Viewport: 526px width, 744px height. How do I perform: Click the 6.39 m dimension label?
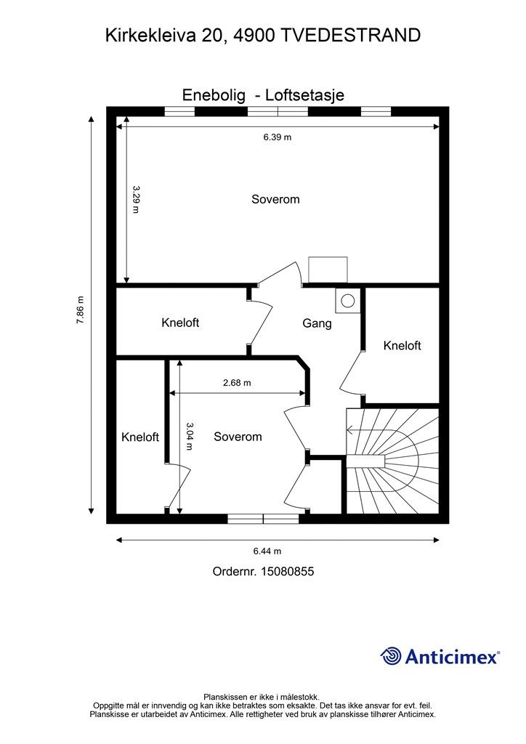278,137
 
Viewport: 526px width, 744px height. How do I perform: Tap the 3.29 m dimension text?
136,199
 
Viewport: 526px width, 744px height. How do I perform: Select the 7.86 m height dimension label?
80,310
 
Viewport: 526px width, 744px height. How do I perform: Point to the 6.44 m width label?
267,551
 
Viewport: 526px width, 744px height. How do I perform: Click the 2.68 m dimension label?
237,382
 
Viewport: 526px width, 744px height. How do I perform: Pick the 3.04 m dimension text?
189,436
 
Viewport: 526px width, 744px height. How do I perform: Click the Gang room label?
317,323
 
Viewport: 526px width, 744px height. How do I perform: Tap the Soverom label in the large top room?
275,199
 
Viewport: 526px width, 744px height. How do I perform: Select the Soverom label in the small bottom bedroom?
238,437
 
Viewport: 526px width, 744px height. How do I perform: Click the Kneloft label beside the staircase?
402,345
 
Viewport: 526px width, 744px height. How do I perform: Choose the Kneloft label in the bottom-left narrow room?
140,437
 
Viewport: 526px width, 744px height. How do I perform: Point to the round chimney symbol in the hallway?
348,300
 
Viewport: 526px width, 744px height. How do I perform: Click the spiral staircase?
393,460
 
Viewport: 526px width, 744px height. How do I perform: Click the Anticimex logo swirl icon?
391,656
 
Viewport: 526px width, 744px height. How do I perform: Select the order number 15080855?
286,571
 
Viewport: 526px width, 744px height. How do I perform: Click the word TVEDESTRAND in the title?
351,36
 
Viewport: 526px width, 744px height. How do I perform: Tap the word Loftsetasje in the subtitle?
304,95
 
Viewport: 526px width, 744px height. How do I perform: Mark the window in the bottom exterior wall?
263,519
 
